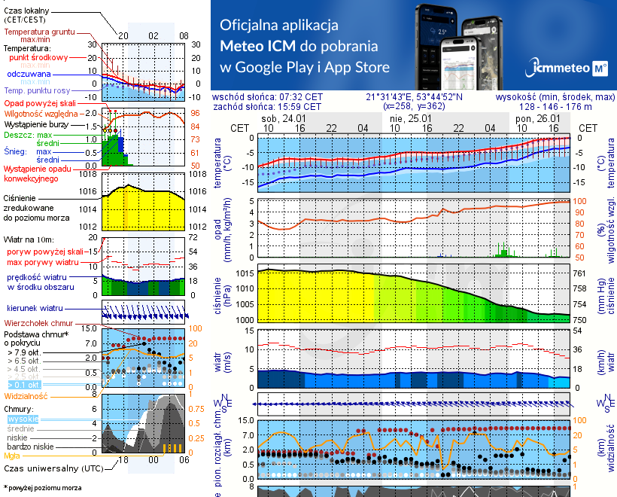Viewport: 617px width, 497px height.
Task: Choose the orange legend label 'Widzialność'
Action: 26,395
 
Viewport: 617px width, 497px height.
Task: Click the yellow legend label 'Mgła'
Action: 12,456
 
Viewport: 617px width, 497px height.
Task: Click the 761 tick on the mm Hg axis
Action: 579,273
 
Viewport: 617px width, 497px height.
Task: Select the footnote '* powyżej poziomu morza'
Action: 42,488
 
